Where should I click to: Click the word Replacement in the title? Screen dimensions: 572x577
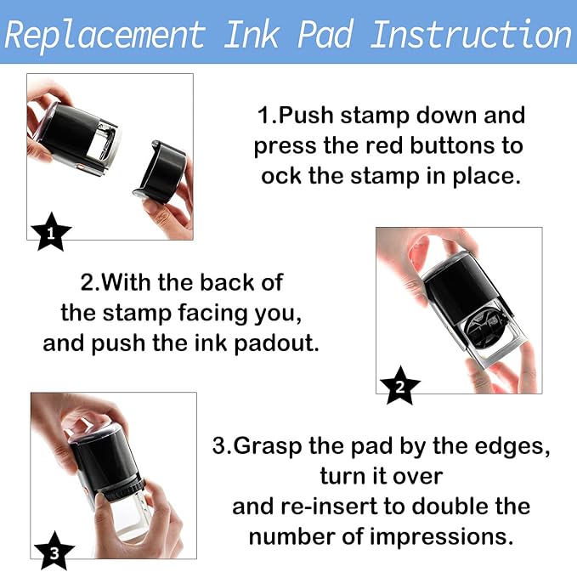(105, 35)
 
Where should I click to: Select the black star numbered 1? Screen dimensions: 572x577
(50, 233)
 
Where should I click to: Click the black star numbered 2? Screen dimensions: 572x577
(399, 387)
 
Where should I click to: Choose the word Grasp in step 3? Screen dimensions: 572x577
(269, 445)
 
